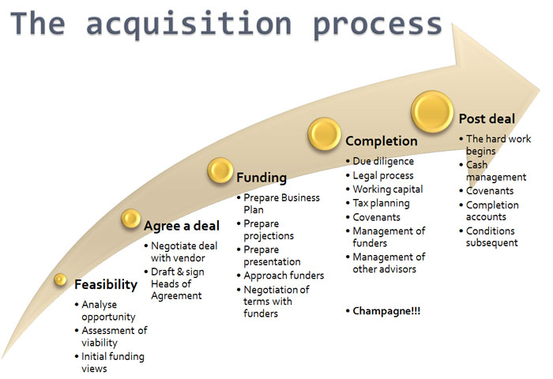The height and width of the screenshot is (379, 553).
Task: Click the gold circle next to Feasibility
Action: pos(60,280)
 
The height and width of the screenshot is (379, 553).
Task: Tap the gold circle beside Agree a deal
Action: pos(131,219)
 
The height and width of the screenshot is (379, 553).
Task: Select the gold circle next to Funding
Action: pos(220,171)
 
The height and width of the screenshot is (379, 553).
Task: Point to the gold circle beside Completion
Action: pos(325,134)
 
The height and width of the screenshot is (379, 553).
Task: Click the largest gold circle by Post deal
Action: pos(432,111)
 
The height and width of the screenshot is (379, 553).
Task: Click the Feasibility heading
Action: pos(106,284)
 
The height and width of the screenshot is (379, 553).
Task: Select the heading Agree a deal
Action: pos(182,226)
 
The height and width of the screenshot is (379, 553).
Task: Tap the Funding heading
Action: pos(261,178)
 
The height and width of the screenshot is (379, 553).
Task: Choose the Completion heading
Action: pos(382,141)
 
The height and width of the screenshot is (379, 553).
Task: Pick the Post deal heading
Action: pos(487,118)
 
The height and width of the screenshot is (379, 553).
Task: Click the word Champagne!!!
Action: pos(386,311)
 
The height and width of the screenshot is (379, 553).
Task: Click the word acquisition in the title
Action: pos(189,24)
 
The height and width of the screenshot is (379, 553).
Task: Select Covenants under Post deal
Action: pos(490,191)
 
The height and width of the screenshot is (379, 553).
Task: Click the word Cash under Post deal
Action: pos(477,165)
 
